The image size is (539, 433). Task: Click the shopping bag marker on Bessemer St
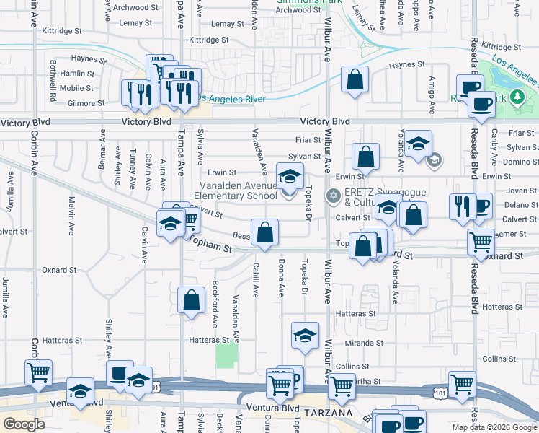pos(265,232)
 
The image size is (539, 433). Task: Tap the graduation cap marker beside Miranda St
pos(305,335)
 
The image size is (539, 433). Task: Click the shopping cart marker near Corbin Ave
pos(37,372)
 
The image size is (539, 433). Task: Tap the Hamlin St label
pos(72,74)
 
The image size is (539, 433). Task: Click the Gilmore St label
pos(86,103)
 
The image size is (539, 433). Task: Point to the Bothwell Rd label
pos(53,80)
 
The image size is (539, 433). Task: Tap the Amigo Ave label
pos(432,95)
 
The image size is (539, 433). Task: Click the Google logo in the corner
pos(24,424)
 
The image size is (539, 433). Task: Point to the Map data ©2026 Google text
pos(494,427)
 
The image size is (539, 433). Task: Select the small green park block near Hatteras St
pos(226,355)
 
